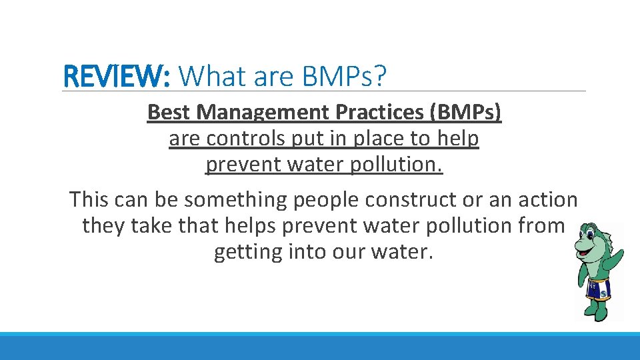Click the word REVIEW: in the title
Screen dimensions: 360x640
pos(116,77)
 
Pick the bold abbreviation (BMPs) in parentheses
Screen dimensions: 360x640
pos(466,112)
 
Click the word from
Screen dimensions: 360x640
pos(541,226)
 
